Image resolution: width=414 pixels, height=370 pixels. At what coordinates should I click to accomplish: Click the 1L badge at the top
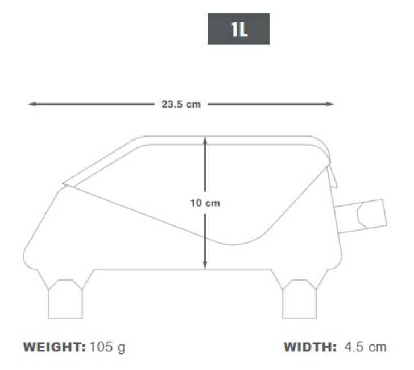[x=238, y=30]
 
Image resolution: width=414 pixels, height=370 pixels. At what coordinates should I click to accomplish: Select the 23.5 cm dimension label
[x=181, y=105]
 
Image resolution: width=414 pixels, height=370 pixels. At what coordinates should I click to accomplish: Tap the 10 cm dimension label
[x=205, y=203]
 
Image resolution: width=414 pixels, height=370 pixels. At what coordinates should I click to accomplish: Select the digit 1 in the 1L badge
[x=232, y=30]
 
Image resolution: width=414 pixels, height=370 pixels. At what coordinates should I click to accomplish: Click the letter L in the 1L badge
[x=243, y=30]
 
